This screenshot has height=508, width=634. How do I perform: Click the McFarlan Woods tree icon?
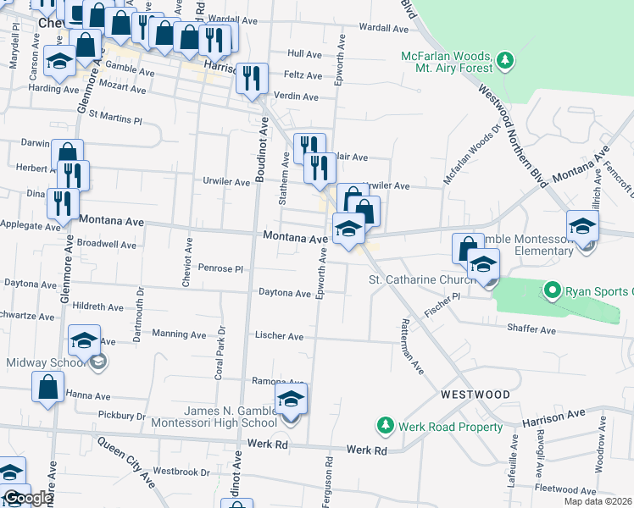point(506,59)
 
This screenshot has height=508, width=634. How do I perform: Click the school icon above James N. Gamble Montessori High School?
point(291,399)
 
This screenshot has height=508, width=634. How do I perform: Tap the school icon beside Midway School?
point(84,341)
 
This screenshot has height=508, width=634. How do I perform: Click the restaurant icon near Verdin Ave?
point(252,80)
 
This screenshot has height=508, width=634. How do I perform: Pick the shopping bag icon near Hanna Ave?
point(48,387)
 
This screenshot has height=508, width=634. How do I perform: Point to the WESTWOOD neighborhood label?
point(475,395)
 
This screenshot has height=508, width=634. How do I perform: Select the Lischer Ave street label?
point(279,336)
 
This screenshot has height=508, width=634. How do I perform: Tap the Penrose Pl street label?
point(222,268)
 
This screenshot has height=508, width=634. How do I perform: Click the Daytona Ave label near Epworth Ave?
point(286,294)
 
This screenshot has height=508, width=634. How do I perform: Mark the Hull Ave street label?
point(304,53)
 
